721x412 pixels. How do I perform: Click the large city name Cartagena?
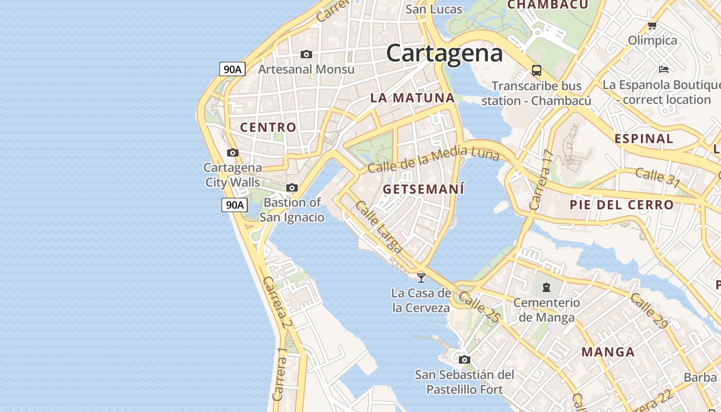coord(444,53)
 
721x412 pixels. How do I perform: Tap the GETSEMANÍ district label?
coord(423,189)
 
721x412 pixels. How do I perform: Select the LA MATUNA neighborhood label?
coord(413,98)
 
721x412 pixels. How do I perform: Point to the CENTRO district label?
coord(268,127)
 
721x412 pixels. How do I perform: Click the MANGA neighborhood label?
coord(608,352)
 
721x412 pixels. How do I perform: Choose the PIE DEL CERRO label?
coord(622,204)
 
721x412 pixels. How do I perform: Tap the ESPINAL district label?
coord(644,139)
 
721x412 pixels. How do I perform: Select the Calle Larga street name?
coord(379,227)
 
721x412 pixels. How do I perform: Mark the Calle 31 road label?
coord(658,178)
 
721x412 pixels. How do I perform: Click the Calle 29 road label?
coord(649,310)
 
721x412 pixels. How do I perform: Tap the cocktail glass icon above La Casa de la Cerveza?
coord(421,278)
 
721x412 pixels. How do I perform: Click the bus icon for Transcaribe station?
coord(537,71)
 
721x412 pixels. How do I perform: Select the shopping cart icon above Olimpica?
coord(652,25)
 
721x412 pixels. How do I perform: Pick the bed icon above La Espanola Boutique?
coord(664,69)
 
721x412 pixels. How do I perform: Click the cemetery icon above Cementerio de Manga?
coord(546,287)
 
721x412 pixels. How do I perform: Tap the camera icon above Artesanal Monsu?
coord(306,54)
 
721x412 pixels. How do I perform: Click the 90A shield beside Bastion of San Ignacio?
coord(234,205)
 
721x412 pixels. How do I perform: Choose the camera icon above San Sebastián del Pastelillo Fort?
coord(465,359)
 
